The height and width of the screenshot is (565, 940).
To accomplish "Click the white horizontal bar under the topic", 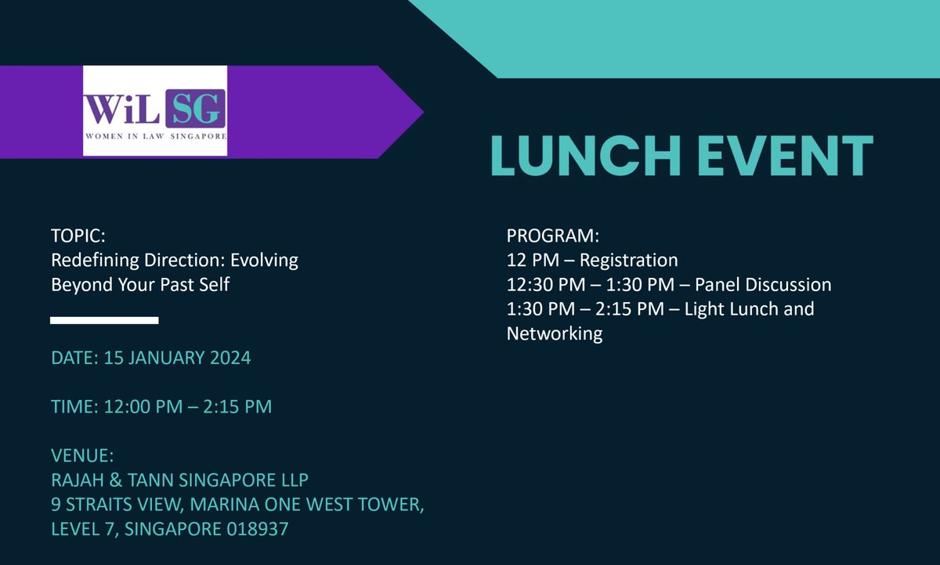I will click(104, 320).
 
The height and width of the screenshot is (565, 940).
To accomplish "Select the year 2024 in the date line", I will click(229, 358).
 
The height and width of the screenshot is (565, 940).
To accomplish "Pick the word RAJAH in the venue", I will click(78, 480).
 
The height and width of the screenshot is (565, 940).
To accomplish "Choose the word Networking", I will click(555, 334).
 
